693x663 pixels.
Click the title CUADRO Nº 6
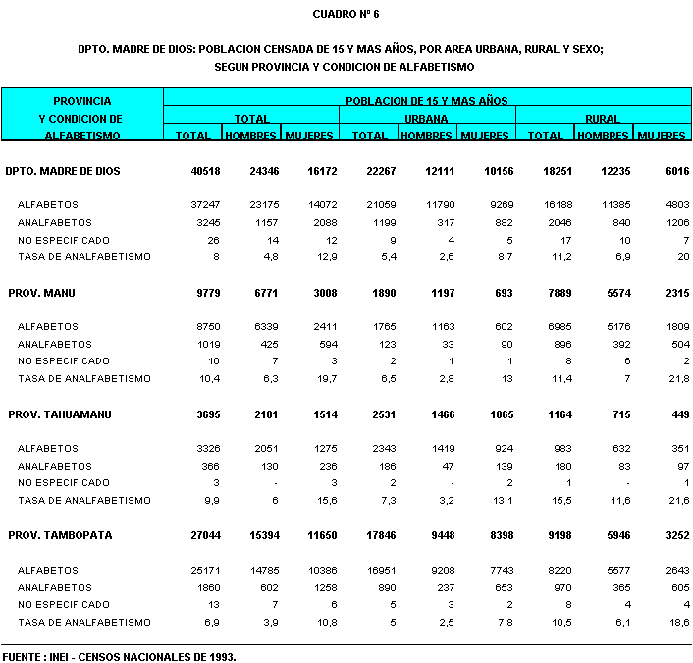coord(346,14)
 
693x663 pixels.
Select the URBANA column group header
coord(427,119)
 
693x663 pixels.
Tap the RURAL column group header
coord(603,119)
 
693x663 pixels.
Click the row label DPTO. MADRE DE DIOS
coord(63,171)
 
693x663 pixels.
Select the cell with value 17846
coord(369,536)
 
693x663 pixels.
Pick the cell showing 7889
coord(548,293)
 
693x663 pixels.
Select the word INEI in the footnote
coord(64,655)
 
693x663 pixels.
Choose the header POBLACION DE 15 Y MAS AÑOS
coord(426,101)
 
